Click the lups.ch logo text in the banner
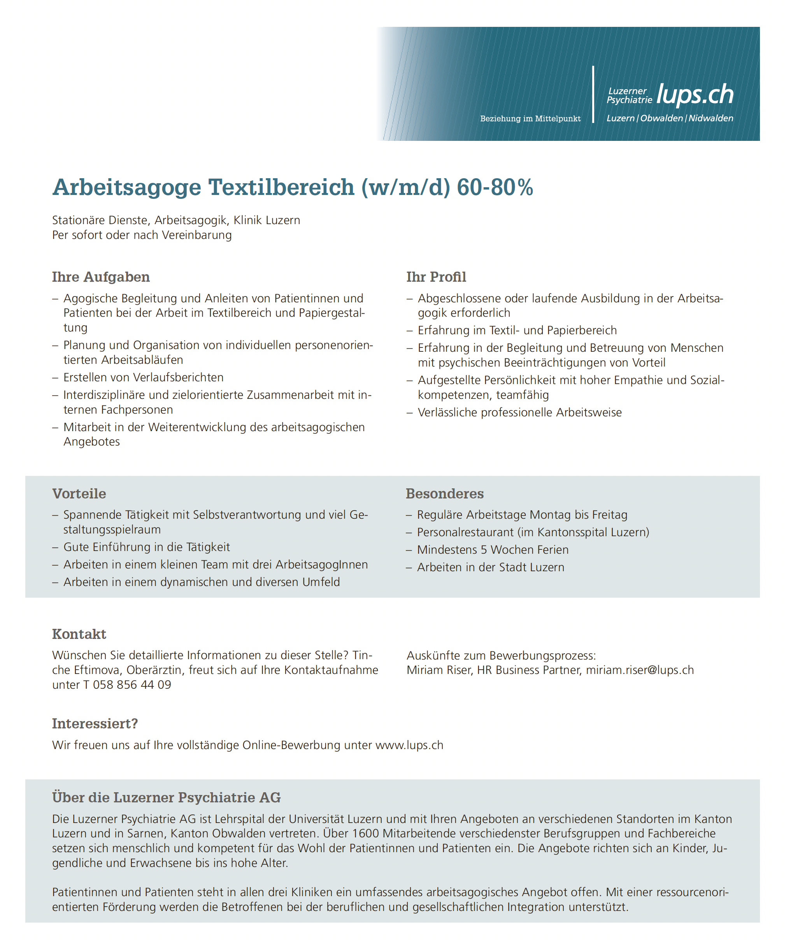pos(695,95)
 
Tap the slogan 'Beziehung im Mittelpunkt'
pos(530,119)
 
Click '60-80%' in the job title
pos(495,187)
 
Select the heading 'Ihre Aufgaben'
pos(100,277)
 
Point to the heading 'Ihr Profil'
pos(436,277)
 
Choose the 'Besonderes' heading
pos(445,494)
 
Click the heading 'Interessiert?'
pos(95,724)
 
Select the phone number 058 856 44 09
pos(132,685)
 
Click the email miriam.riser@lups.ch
pos(640,670)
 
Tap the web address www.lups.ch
pos(409,745)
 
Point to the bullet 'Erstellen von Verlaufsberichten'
pos(143,377)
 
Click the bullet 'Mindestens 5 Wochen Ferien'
pos(493,550)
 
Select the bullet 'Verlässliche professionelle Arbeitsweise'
pos(519,412)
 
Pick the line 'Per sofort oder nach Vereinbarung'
pos(142,235)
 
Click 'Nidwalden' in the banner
pos(711,119)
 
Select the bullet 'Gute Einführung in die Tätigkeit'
pos(146,547)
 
